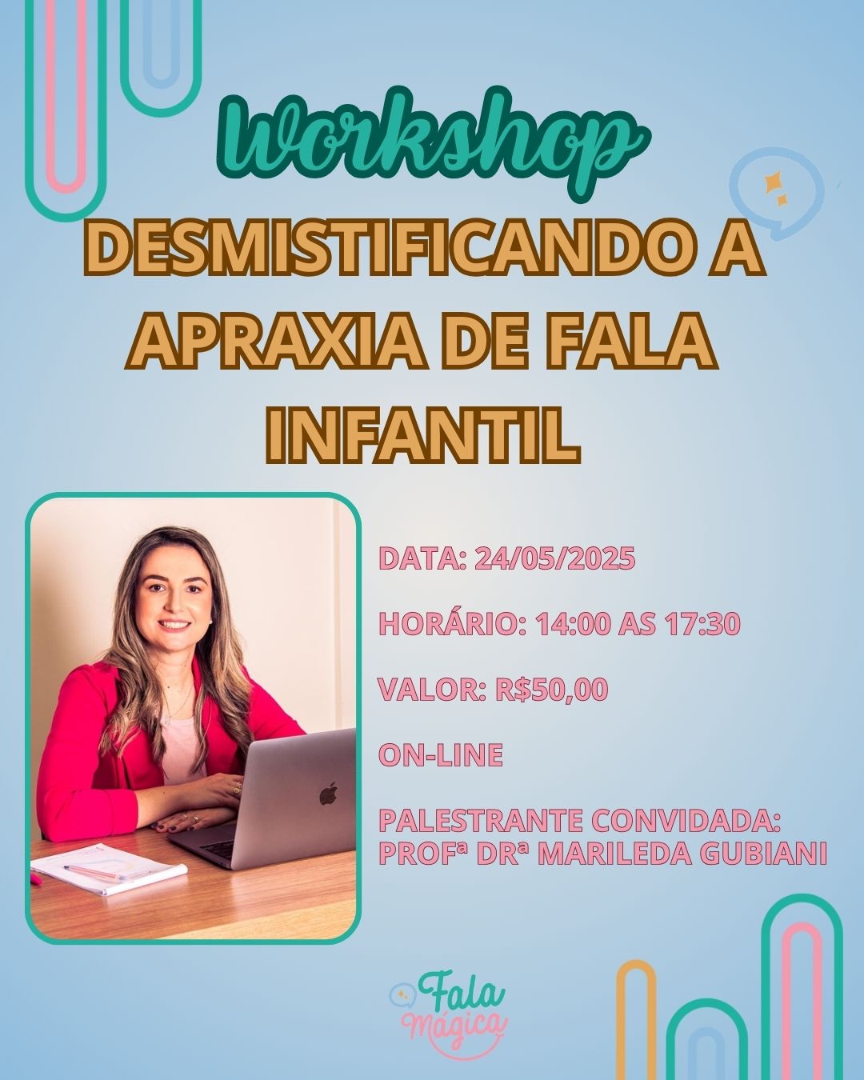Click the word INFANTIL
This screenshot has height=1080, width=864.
point(422,436)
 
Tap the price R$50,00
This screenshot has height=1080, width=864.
point(551,690)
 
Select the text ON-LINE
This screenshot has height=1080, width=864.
point(441,755)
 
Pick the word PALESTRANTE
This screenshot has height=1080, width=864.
point(481,821)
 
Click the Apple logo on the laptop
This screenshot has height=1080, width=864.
point(328,794)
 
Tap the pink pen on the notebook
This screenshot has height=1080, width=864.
point(92,873)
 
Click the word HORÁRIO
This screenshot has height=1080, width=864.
point(447,624)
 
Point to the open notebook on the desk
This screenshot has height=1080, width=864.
point(108,869)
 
